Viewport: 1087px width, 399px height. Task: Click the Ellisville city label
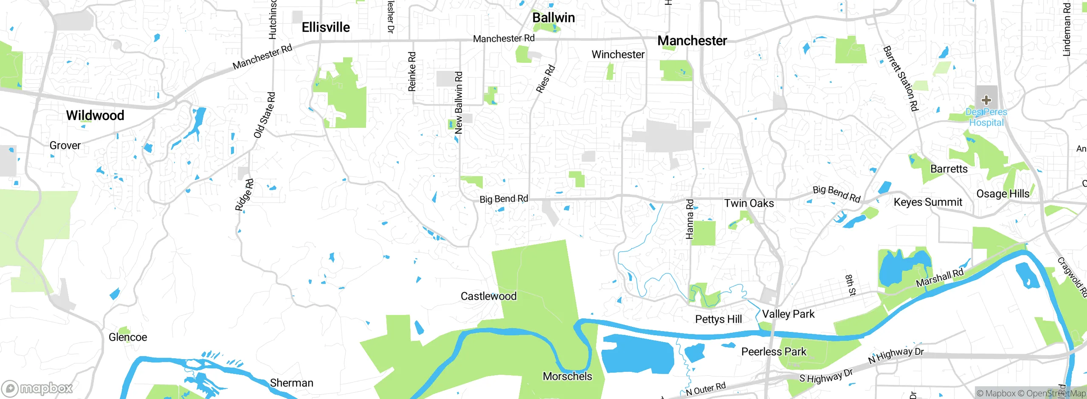click(x=326, y=28)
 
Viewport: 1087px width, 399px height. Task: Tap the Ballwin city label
click(x=553, y=18)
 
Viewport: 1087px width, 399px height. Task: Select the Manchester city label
click(x=692, y=41)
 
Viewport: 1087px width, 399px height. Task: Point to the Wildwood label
click(x=95, y=115)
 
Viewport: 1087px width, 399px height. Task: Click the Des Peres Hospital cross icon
click(x=986, y=100)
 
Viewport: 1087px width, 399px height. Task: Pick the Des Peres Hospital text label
click(x=986, y=118)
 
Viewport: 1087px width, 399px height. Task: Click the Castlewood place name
click(x=488, y=296)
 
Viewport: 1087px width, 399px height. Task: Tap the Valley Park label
click(x=788, y=314)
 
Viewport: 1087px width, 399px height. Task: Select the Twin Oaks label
click(x=749, y=203)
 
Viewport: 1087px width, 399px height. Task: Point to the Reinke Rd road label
click(x=412, y=71)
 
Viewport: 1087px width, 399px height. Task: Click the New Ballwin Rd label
click(x=459, y=103)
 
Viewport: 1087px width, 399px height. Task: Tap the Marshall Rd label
click(x=940, y=278)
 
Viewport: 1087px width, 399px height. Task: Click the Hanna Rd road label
click(x=690, y=219)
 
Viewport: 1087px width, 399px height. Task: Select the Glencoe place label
click(x=128, y=337)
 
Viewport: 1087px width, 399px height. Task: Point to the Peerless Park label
click(x=774, y=352)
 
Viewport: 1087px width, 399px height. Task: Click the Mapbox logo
click(x=37, y=388)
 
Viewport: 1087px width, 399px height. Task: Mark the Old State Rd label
click(x=265, y=115)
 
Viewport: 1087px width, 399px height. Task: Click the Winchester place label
click(x=618, y=55)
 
